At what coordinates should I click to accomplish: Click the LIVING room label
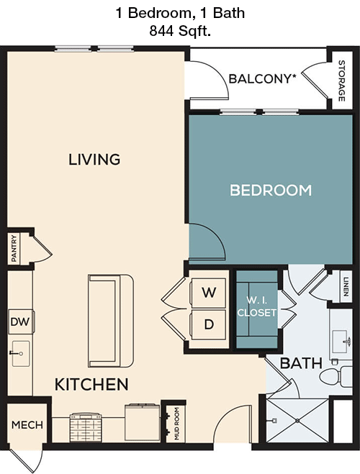tap(94, 159)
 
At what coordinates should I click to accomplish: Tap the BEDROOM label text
tap(270, 191)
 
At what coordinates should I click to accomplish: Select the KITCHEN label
tap(91, 384)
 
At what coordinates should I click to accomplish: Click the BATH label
tap(300, 364)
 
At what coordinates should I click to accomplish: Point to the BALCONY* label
tap(263, 78)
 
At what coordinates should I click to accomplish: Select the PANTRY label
tap(14, 248)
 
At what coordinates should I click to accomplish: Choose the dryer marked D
tap(208, 324)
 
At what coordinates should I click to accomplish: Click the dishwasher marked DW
tap(19, 324)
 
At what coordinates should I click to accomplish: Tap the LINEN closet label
tap(346, 286)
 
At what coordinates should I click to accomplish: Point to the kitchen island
tap(111, 321)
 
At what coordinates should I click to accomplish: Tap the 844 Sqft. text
tap(179, 30)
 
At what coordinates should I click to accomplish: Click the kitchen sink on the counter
tap(19, 353)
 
